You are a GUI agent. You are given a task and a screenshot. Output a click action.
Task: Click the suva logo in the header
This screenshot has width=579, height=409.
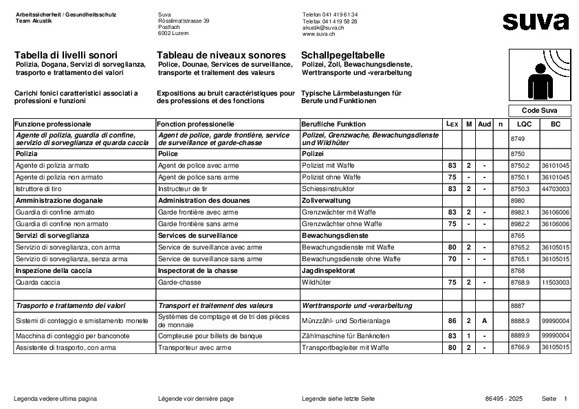[x=536, y=21]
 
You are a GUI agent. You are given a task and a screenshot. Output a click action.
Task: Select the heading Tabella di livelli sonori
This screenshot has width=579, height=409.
[x=65, y=54]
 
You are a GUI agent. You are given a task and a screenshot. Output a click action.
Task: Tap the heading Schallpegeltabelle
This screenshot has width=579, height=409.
[x=342, y=54]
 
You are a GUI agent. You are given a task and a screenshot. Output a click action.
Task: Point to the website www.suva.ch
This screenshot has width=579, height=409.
[x=318, y=34]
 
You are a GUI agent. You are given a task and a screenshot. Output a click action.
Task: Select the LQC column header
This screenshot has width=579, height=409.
[x=524, y=124]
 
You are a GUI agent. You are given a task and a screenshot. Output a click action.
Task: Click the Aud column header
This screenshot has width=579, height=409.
[x=484, y=124]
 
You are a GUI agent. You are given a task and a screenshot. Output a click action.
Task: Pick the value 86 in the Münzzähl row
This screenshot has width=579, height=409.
[x=452, y=320]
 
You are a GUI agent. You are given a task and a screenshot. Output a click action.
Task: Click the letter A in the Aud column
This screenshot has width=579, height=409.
[x=484, y=320]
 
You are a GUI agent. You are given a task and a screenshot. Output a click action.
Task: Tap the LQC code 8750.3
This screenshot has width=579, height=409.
[x=521, y=188]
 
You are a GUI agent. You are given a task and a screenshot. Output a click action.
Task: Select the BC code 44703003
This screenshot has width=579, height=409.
[x=555, y=188]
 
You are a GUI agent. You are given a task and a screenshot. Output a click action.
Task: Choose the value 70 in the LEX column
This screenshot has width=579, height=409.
[x=452, y=258]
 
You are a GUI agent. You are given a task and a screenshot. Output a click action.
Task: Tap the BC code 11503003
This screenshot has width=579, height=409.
[x=555, y=282]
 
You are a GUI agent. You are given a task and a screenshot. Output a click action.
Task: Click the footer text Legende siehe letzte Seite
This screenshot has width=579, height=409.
[x=338, y=399]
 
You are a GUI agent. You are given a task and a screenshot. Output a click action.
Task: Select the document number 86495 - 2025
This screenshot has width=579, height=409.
[x=503, y=399]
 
